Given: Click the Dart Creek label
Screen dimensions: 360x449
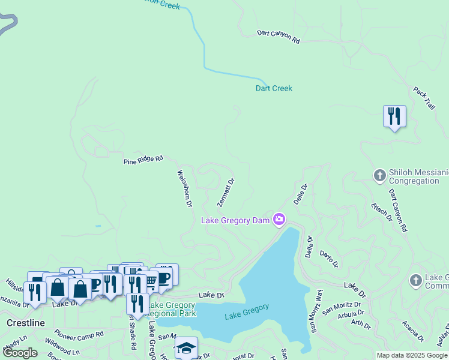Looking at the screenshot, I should pyautogui.click(x=274, y=88).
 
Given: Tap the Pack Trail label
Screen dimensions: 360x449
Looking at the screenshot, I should pyautogui.click(x=423, y=97).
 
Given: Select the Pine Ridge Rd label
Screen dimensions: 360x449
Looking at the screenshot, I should pyautogui.click(x=143, y=160).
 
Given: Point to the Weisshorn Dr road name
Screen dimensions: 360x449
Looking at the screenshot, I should pyautogui.click(x=184, y=188).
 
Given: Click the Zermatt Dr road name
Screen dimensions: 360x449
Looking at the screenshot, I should pyautogui.click(x=226, y=192).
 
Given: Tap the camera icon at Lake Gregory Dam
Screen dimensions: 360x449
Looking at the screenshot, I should pyautogui.click(x=279, y=220).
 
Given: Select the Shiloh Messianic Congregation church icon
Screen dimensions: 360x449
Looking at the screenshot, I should pyautogui.click(x=379, y=176).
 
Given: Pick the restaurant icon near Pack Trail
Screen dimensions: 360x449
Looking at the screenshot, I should pyautogui.click(x=394, y=115).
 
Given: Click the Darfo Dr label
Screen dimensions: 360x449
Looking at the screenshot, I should pyautogui.click(x=329, y=259).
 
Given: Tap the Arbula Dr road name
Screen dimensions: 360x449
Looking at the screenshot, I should pyautogui.click(x=350, y=314).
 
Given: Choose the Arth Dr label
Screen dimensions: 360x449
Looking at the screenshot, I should pyautogui.click(x=361, y=324).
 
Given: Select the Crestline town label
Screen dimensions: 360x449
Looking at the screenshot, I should pyautogui.click(x=26, y=323).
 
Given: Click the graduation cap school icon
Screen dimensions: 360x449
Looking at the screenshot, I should pyautogui.click(x=186, y=347).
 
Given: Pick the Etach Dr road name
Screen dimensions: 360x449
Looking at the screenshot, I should pyautogui.click(x=382, y=212).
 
